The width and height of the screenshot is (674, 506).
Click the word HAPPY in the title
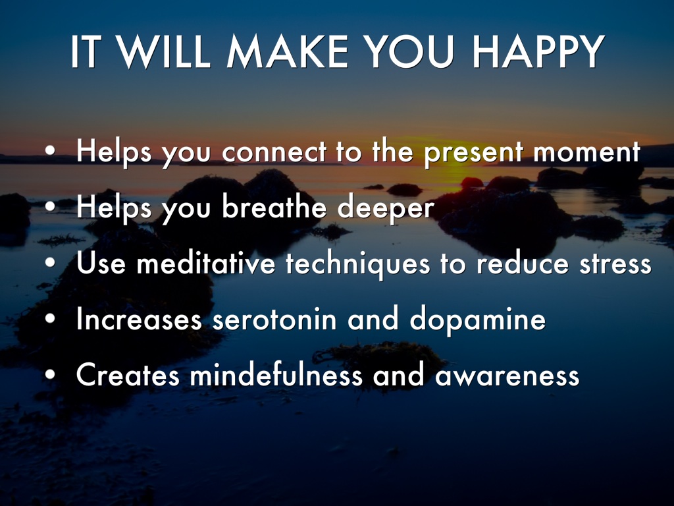[x=538, y=51]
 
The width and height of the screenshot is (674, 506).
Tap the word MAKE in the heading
[x=287, y=51]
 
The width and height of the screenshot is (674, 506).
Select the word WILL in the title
[x=164, y=51]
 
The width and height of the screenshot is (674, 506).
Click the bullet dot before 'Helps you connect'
[x=50, y=151]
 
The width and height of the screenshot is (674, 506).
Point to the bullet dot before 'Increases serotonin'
[x=50, y=318]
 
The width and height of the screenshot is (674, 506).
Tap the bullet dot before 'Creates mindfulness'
[x=50, y=374]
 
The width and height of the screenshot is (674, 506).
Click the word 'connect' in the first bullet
[x=274, y=152]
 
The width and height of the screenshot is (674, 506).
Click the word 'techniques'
[x=357, y=264]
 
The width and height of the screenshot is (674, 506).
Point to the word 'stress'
[x=615, y=264]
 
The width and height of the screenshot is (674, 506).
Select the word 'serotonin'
[x=274, y=320]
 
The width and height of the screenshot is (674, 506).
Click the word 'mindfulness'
[x=276, y=374]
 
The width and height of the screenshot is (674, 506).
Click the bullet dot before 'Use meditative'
[x=50, y=262]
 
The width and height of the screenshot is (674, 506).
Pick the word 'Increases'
[x=139, y=320]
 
